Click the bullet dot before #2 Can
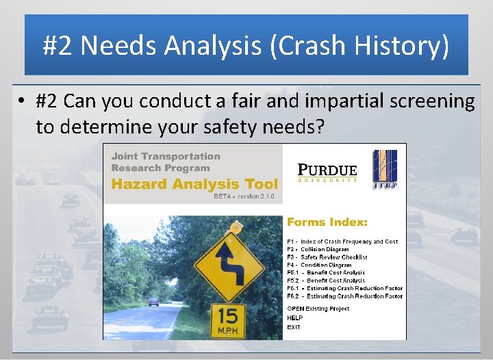pos(23,101)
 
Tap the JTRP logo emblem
pos(385,169)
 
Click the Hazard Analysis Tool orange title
pos(194,183)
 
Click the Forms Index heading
pos(327,222)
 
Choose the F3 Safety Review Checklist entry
pos(327,257)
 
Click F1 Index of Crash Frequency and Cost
pos(342,242)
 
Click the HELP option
pos(294,318)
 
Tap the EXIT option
pos(293,327)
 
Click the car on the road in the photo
pos(153,301)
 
